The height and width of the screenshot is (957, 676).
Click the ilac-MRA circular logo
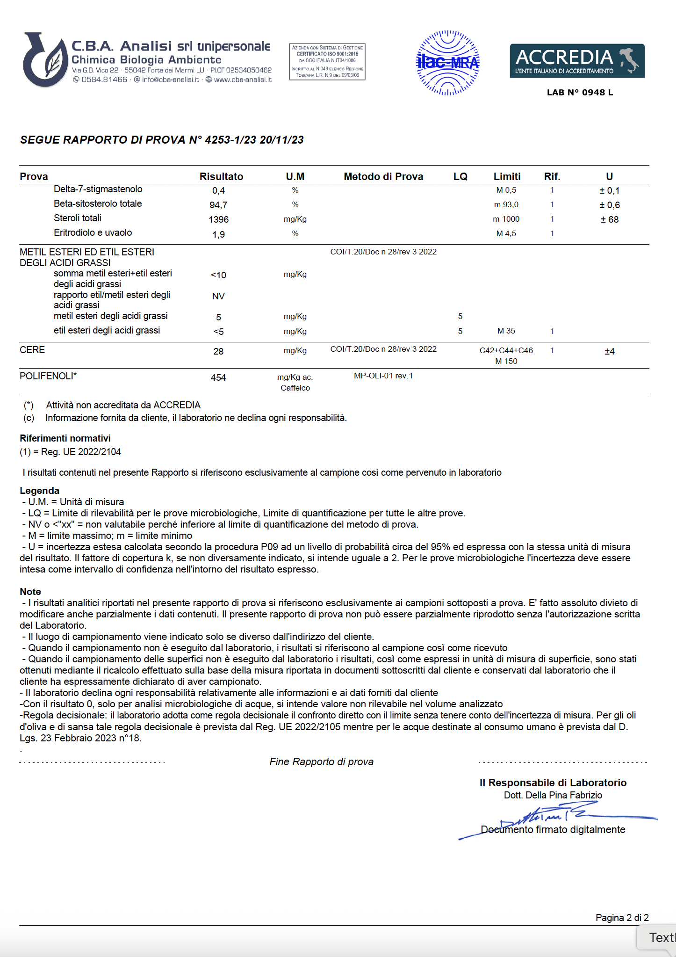pyautogui.click(x=447, y=63)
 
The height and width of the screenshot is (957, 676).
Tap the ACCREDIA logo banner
pyautogui.click(x=577, y=61)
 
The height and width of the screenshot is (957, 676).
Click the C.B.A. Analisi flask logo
pyautogui.click(x=45, y=59)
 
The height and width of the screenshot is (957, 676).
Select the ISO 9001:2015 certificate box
pyautogui.click(x=327, y=61)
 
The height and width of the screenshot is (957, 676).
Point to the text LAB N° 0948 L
pyautogui.click(x=580, y=93)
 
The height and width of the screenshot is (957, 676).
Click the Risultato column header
pyautogui.click(x=221, y=176)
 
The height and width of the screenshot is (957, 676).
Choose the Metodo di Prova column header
pyautogui.click(x=383, y=176)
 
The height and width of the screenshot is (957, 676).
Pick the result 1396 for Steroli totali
pyautogui.click(x=218, y=219)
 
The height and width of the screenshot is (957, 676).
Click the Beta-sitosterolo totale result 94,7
pyautogui.click(x=218, y=205)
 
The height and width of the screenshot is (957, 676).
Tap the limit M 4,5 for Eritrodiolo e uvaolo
pyautogui.click(x=506, y=233)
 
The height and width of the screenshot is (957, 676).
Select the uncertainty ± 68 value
pyautogui.click(x=609, y=219)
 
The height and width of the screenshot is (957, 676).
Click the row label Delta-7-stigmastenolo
pyautogui.click(x=98, y=189)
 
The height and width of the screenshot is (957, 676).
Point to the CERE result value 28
pyautogui.click(x=218, y=351)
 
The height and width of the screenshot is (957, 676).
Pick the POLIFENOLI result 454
pyautogui.click(x=218, y=377)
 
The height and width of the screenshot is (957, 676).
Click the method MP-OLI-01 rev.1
pyautogui.click(x=383, y=376)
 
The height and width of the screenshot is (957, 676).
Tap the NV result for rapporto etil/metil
pyautogui.click(x=218, y=296)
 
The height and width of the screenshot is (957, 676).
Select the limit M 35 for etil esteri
pyautogui.click(x=506, y=331)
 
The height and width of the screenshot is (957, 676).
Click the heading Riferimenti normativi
pyautogui.click(x=65, y=438)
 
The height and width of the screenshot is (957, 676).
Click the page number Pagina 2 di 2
pyautogui.click(x=622, y=917)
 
